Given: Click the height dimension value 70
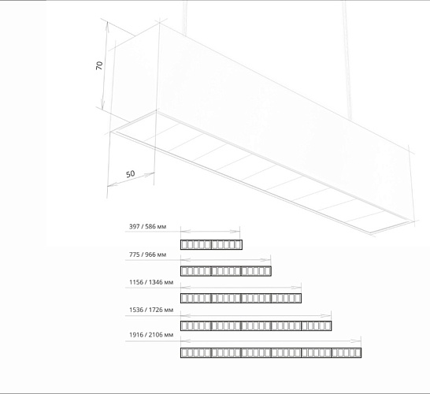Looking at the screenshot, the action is (99, 65).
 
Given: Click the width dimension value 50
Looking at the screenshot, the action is (131, 174).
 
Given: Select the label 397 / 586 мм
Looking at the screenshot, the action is (147, 227).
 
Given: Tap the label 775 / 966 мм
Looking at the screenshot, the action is (147, 255).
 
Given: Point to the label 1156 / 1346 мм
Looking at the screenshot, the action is (151, 282).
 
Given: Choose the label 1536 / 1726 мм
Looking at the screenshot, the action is (151, 310).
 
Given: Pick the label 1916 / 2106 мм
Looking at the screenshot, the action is (151, 335).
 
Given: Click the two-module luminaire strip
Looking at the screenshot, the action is (211, 244).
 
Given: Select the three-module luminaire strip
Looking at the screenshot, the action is (226, 271).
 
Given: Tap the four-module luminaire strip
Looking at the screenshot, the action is (241, 298).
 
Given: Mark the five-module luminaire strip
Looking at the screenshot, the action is (256, 325).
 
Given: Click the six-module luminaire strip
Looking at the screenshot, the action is (271, 352).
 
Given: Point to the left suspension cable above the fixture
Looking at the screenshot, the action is (185, 18).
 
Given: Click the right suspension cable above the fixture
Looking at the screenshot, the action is (347, 60).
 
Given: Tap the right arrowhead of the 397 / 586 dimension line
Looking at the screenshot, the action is (235, 232).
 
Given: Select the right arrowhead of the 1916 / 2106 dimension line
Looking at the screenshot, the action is (356, 341).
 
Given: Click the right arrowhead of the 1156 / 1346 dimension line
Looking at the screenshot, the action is (296, 288).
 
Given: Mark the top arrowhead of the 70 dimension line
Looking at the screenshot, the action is (107, 25).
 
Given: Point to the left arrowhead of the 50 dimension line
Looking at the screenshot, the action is (112, 184).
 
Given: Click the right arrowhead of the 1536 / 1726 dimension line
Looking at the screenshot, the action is (326, 315).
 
